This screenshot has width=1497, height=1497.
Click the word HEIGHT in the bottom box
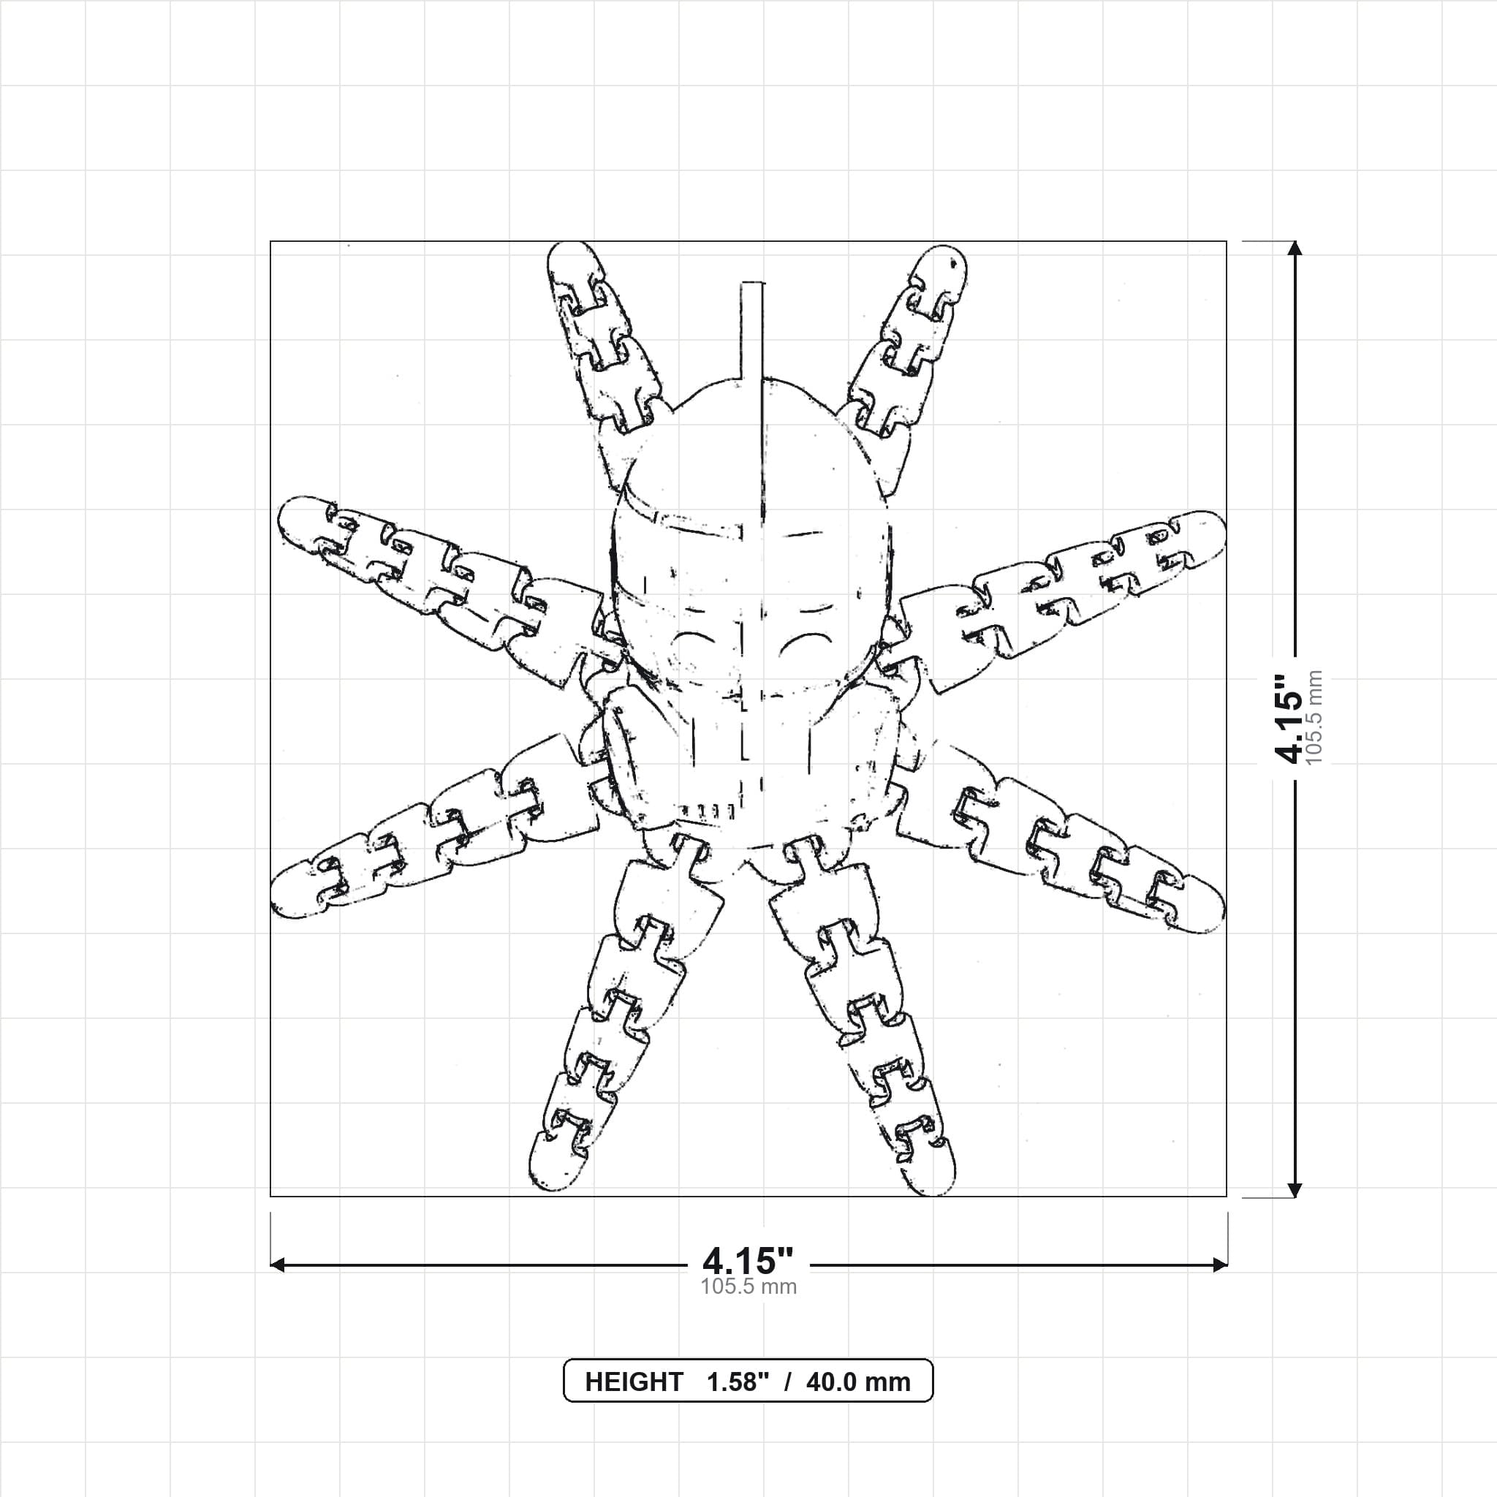pos(633,1382)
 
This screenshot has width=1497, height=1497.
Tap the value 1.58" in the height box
pos(737,1382)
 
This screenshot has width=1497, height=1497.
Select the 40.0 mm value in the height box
pos(857,1382)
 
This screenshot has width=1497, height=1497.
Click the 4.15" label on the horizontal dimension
pos(748,1261)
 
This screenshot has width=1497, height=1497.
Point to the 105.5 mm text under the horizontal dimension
pos(748,1286)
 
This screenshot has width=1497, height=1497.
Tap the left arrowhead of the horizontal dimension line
pos(277,1265)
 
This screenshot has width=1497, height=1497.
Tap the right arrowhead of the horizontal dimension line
pos(1220,1265)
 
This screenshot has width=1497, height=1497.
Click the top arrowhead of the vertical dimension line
pos(1294,249)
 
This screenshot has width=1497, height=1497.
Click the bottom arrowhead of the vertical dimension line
pos(1294,1189)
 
